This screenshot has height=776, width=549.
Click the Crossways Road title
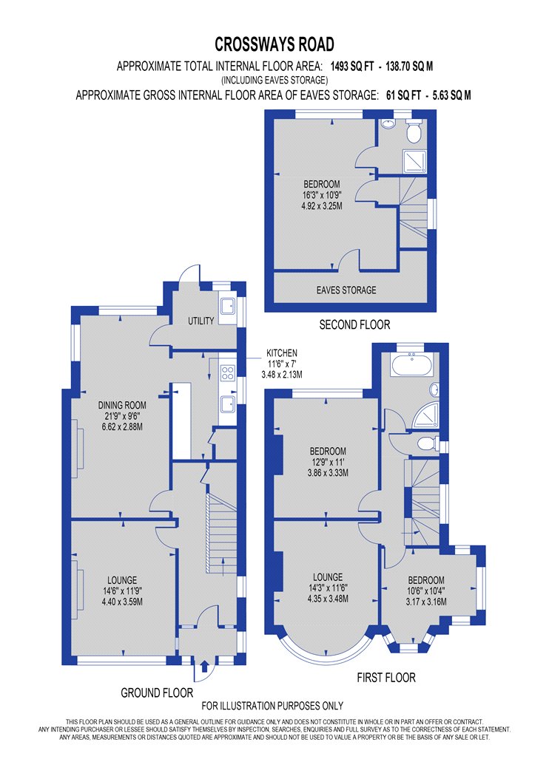click(x=274, y=44)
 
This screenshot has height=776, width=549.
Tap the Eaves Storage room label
click(x=346, y=290)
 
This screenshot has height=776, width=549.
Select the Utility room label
click(x=201, y=321)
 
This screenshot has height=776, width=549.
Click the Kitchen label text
click(x=282, y=353)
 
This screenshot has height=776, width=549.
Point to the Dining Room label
click(x=122, y=405)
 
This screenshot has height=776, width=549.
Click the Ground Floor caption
click(x=157, y=693)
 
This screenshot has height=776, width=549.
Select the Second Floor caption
click(x=354, y=324)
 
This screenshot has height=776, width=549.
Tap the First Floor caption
click(x=386, y=678)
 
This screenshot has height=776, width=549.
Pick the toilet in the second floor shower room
click(x=413, y=131)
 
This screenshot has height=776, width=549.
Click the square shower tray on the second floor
click(x=414, y=161)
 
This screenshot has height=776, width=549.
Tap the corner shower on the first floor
click(x=425, y=415)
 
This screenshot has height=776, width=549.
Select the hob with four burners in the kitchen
click(x=227, y=372)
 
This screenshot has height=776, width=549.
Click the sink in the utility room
click(x=229, y=307)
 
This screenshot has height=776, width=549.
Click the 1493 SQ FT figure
click(x=352, y=67)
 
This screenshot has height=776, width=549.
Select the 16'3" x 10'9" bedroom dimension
click(x=322, y=195)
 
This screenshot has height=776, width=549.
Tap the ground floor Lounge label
click(x=122, y=580)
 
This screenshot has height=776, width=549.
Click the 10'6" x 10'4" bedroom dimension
click(x=426, y=591)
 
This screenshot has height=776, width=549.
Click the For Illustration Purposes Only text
click(x=272, y=706)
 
